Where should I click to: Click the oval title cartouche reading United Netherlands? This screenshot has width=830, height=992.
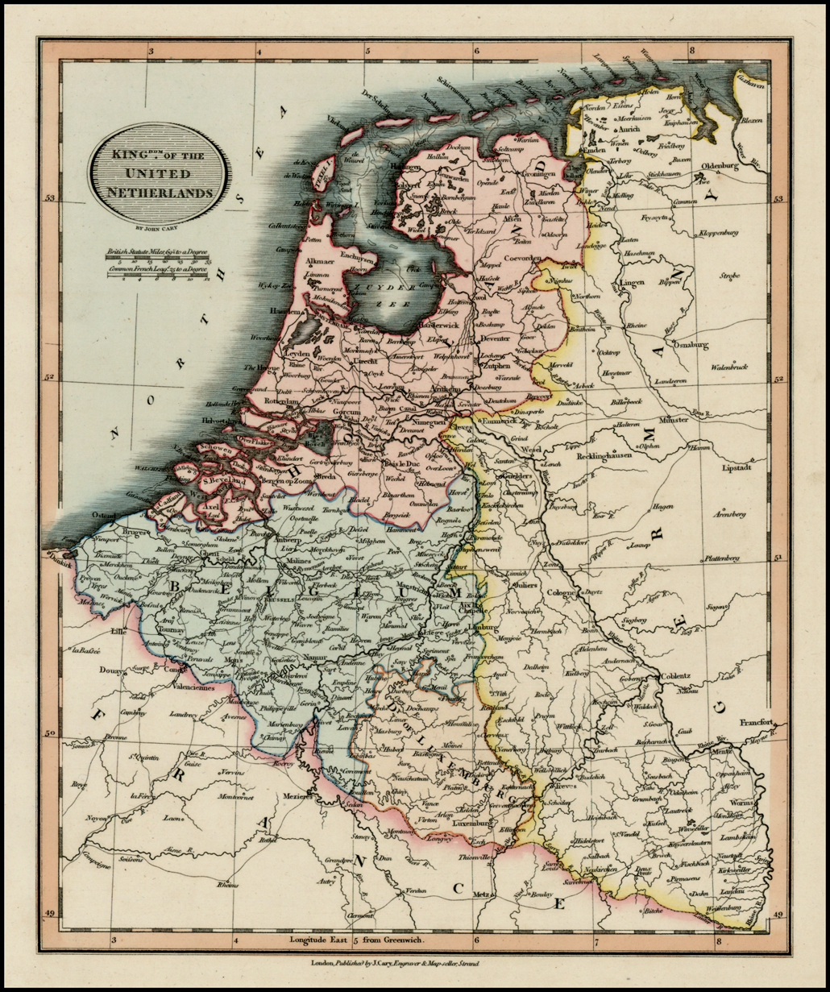tap(160, 174)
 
